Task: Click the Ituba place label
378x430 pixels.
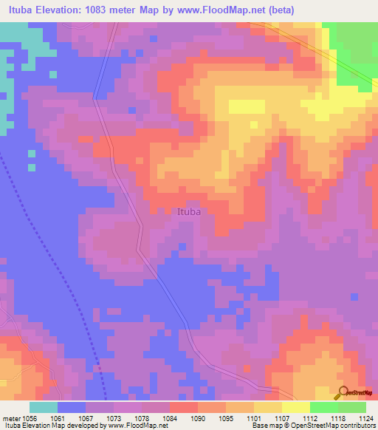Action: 189,211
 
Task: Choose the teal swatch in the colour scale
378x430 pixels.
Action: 44,407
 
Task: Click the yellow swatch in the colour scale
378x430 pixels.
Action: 296,407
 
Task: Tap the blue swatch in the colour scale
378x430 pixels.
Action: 72,407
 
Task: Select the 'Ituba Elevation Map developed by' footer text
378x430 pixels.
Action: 52,426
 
